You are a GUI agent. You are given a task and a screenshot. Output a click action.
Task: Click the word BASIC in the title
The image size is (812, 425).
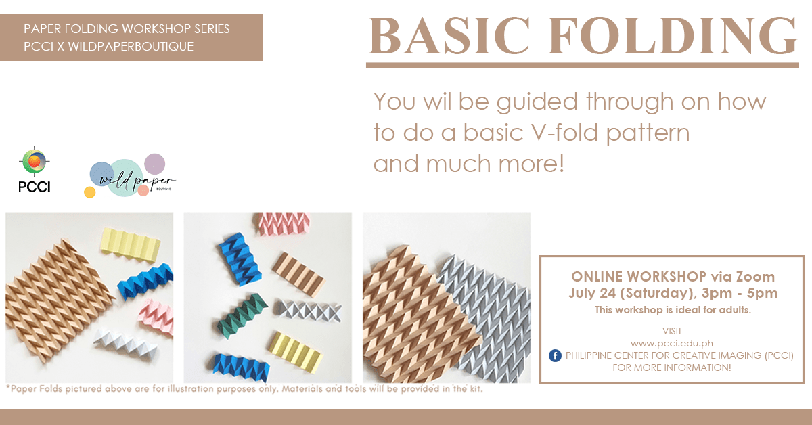449,36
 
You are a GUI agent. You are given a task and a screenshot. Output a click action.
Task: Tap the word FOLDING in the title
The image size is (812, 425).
673,36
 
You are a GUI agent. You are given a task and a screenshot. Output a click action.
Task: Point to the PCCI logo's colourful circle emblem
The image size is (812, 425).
35,161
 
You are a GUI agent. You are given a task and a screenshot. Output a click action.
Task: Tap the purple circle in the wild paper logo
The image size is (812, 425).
155,164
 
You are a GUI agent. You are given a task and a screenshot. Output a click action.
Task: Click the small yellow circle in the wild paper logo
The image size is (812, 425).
89,192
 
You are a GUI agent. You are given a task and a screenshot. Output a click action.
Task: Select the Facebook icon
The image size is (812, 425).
555,355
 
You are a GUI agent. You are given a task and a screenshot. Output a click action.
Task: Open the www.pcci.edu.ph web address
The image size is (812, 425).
672,343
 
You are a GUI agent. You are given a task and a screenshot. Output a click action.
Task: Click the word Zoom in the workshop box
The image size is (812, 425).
755,277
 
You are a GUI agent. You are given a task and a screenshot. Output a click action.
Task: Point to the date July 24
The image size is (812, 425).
592,293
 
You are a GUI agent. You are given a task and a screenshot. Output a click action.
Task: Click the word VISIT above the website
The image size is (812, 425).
672,331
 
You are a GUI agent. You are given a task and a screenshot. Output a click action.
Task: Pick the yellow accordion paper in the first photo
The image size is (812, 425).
130,244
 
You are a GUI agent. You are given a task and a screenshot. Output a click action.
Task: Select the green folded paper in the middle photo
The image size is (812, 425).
243,315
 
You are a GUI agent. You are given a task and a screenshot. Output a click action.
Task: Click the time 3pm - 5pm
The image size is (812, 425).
740,293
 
